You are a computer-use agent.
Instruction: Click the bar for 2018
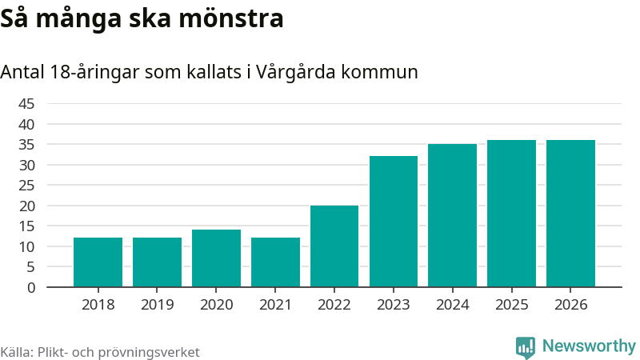coord(98,262)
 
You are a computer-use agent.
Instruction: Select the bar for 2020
coord(216,258)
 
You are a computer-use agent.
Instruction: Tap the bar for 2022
coord(334,246)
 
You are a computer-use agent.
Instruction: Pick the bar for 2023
coord(394,222)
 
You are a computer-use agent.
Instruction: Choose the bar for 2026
coord(570,214)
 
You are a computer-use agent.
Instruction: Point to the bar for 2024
coord(452,215)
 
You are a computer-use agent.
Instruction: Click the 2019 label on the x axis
coord(158,305)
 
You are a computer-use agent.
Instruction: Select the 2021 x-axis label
coord(275,305)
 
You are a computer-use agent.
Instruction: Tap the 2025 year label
coord(511,305)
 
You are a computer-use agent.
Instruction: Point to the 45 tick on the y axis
coord(26,104)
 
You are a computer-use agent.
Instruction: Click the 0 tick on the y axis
coord(31,287)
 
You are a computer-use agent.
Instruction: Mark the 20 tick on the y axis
coord(26,206)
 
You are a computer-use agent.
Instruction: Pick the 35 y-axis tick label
coord(26,145)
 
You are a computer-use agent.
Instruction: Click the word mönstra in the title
coord(235,19)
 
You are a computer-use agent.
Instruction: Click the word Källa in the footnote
coord(17,352)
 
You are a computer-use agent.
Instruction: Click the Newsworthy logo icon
coord(526,346)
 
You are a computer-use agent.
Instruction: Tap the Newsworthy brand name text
coord(589,346)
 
